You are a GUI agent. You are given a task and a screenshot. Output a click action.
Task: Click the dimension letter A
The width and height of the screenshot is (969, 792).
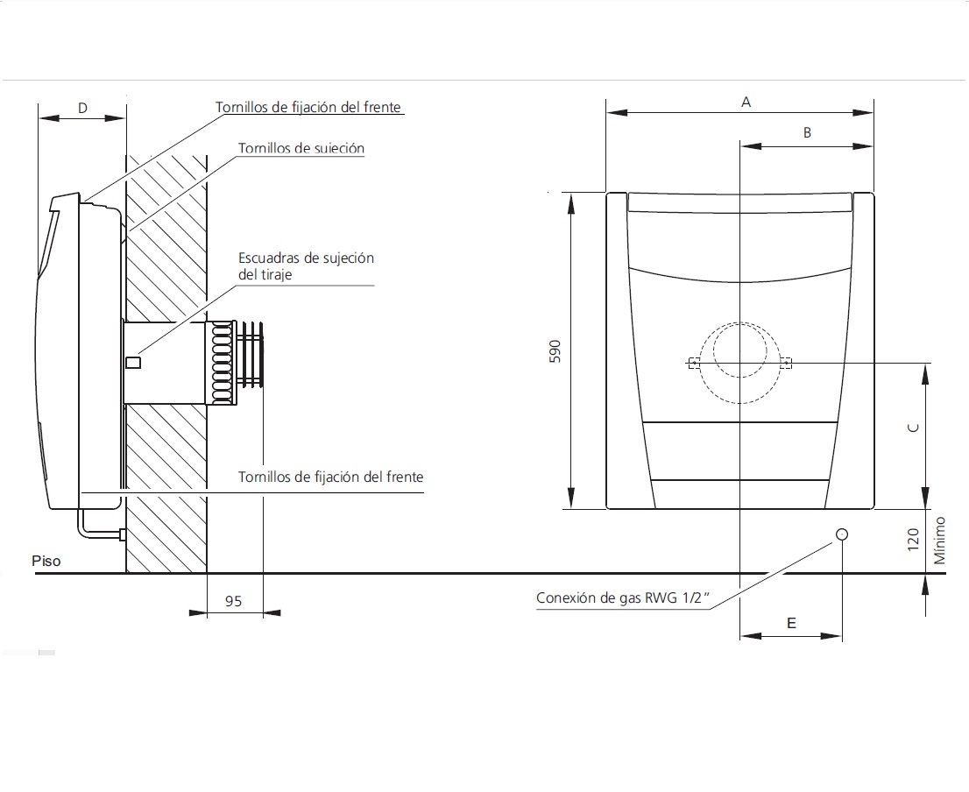[x=746, y=103]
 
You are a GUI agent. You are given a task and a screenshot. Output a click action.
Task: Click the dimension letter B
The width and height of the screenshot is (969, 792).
[x=806, y=133]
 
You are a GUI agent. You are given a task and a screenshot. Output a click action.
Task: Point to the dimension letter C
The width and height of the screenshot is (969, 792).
[x=914, y=428]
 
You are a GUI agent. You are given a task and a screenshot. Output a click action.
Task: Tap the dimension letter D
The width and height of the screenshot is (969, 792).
[x=83, y=108]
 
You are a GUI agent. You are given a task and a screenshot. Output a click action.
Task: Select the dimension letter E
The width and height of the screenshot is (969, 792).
[x=791, y=623]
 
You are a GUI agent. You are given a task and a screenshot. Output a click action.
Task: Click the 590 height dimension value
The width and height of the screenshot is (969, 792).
[x=555, y=351]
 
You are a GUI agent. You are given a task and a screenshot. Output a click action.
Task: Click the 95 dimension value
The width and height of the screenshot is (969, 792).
[x=234, y=601]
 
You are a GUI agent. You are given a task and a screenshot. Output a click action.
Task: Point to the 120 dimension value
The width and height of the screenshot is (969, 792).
[x=914, y=540]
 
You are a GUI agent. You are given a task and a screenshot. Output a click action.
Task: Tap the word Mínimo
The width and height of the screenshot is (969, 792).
[x=939, y=541]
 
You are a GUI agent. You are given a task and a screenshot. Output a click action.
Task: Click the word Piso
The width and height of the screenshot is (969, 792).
[x=46, y=561]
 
